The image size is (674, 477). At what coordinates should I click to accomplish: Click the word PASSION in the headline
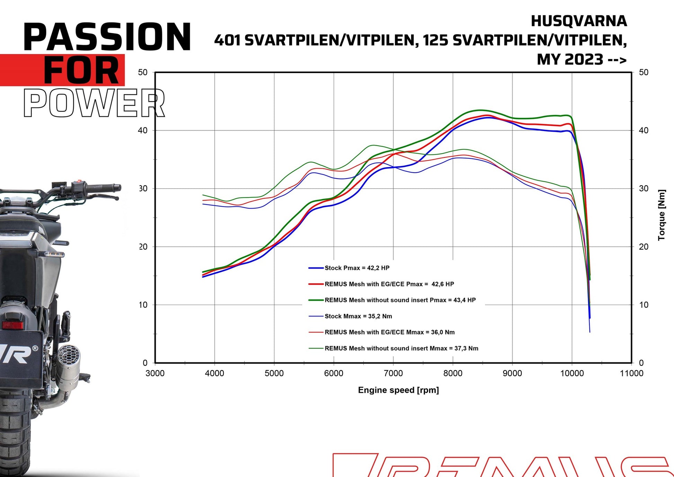pyautogui.click(x=107, y=36)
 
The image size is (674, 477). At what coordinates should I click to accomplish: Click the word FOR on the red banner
pyautogui.click(x=81, y=70)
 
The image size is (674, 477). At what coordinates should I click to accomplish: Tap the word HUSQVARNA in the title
pyautogui.click(x=579, y=21)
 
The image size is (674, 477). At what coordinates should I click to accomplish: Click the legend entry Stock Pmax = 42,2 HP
pyautogui.click(x=356, y=268)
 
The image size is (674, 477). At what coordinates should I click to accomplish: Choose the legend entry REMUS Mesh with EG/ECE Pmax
pyautogui.click(x=389, y=284)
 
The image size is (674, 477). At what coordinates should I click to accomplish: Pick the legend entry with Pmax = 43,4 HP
pyautogui.click(x=400, y=300)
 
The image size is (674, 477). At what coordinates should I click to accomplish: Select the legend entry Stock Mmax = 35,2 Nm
pyautogui.click(x=358, y=316)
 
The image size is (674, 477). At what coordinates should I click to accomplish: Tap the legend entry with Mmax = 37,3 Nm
pyautogui.click(x=401, y=348)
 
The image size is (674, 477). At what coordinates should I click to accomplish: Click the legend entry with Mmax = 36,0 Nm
pyautogui.click(x=389, y=332)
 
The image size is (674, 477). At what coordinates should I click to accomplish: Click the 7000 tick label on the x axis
pyautogui.click(x=393, y=373)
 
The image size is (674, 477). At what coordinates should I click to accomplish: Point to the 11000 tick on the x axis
pyautogui.click(x=631, y=373)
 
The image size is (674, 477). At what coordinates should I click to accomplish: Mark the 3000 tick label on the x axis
pyautogui.click(x=155, y=373)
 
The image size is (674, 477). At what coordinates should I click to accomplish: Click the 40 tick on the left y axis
pyautogui.click(x=143, y=130)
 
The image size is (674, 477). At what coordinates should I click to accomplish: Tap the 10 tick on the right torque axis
pyautogui.click(x=644, y=305)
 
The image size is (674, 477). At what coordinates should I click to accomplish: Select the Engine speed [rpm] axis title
pyautogui.click(x=398, y=390)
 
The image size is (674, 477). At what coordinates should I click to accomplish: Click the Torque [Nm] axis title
pyautogui.click(x=662, y=215)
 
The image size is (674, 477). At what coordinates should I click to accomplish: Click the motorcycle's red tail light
pyautogui.click(x=13, y=325)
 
